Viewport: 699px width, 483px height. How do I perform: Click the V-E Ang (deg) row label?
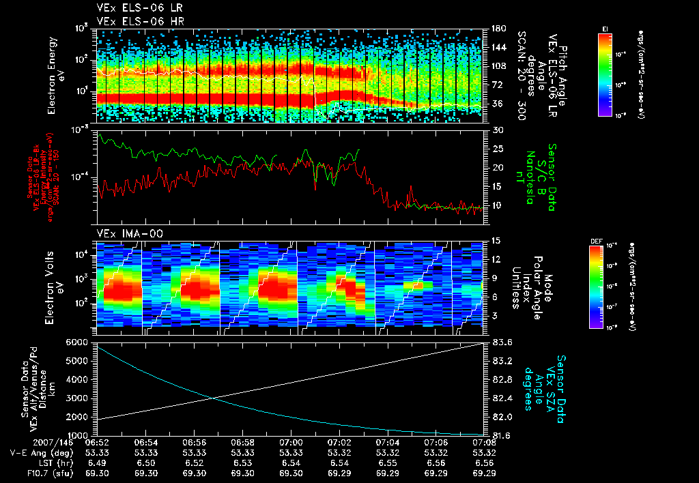tap(35, 452)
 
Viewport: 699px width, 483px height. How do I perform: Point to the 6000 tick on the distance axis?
tap(76, 342)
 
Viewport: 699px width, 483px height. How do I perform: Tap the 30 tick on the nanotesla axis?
tap(496, 130)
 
